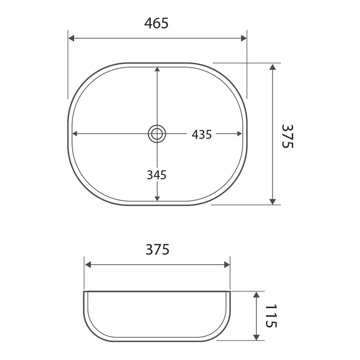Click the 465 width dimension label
tap(156, 23)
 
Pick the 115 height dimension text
tap(270, 315)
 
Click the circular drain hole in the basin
tap(157, 133)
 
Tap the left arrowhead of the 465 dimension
tap(71, 38)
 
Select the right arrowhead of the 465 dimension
tap(243, 38)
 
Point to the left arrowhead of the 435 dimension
tap(76, 133)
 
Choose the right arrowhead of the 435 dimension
tap(239, 133)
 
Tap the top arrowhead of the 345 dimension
tap(157, 70)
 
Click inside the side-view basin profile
tap(157, 315)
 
